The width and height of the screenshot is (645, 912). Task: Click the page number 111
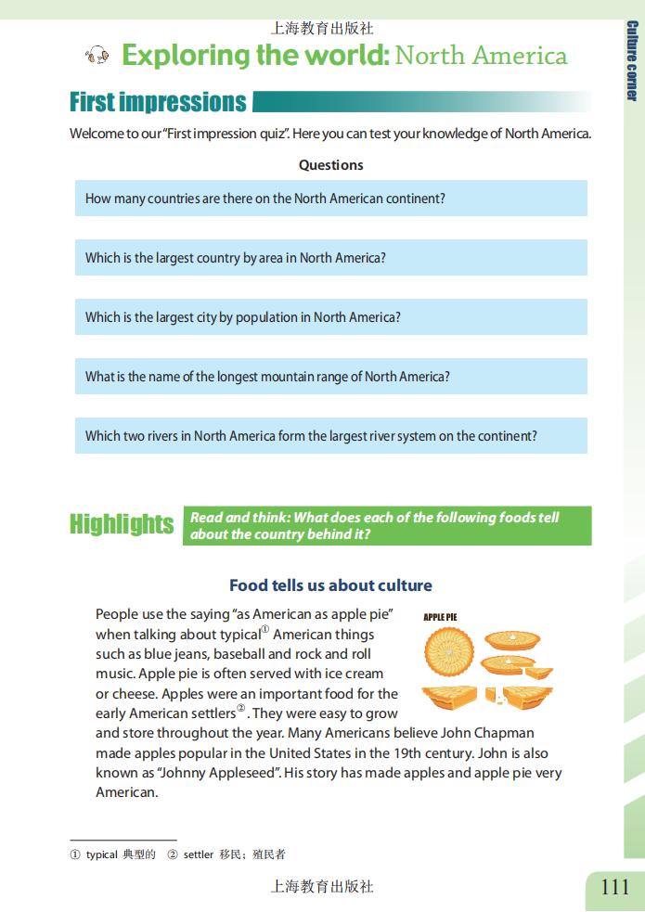tap(614, 887)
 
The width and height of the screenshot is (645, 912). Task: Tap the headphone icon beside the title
tap(97, 57)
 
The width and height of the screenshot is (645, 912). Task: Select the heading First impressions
tap(158, 102)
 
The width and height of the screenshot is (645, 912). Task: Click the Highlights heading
tap(122, 524)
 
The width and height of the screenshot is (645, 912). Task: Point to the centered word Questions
tap(330, 165)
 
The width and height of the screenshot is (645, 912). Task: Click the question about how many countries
tap(265, 199)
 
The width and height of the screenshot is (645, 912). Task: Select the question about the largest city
tap(243, 317)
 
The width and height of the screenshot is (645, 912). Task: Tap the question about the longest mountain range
tap(267, 377)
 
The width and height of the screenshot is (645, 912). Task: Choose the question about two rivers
tap(311, 436)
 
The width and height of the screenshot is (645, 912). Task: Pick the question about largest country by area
tap(236, 258)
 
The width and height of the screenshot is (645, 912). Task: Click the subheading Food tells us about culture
tap(330, 585)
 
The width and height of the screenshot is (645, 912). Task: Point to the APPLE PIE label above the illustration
tap(440, 617)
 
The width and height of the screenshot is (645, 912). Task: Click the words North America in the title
tap(481, 56)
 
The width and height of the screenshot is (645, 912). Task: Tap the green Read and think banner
tap(387, 525)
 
